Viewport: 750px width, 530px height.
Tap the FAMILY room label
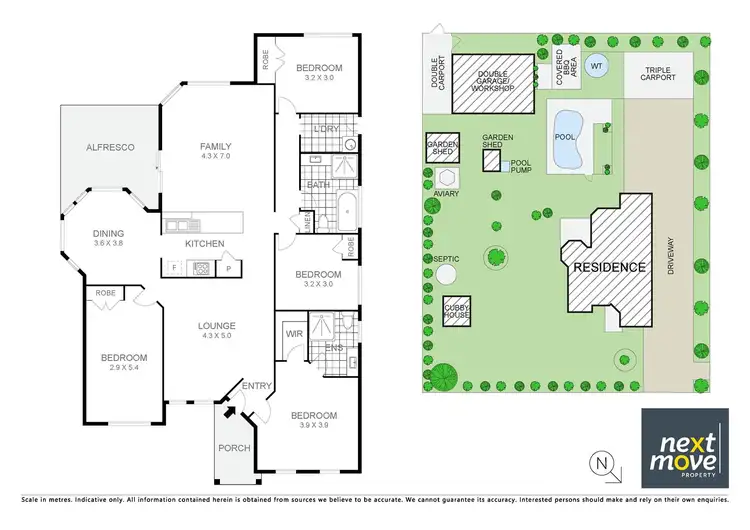click(x=215, y=147)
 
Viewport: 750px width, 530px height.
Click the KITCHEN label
click(x=204, y=243)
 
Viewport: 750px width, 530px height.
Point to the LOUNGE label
click(x=216, y=325)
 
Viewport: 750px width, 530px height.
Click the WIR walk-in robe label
click(x=294, y=334)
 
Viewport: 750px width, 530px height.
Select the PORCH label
click(x=233, y=447)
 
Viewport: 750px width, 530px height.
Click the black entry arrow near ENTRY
click(x=229, y=407)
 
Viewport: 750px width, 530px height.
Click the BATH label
click(x=319, y=185)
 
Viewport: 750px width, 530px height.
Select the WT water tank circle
click(x=597, y=67)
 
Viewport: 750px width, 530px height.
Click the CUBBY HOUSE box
click(x=457, y=311)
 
